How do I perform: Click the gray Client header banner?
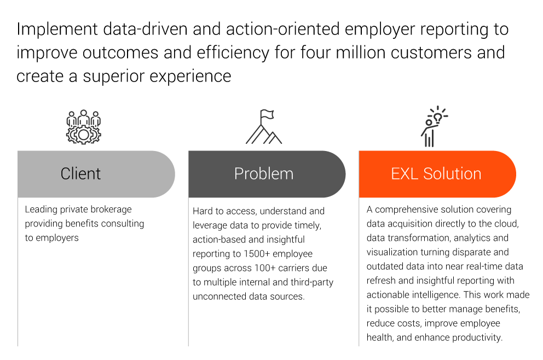[x=96, y=174]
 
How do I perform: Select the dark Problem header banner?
[x=267, y=174]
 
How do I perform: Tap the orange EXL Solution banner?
[x=437, y=174]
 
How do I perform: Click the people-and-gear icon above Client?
[x=83, y=127]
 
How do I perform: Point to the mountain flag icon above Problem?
[x=264, y=127]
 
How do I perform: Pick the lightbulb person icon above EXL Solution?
[x=434, y=126]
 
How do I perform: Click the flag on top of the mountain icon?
[x=267, y=114]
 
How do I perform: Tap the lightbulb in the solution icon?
[x=438, y=118]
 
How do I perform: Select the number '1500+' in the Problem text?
[x=257, y=254]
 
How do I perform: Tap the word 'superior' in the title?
[x=113, y=77]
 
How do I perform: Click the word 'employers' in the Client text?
[x=57, y=238]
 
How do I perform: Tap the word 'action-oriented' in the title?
[x=283, y=29]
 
